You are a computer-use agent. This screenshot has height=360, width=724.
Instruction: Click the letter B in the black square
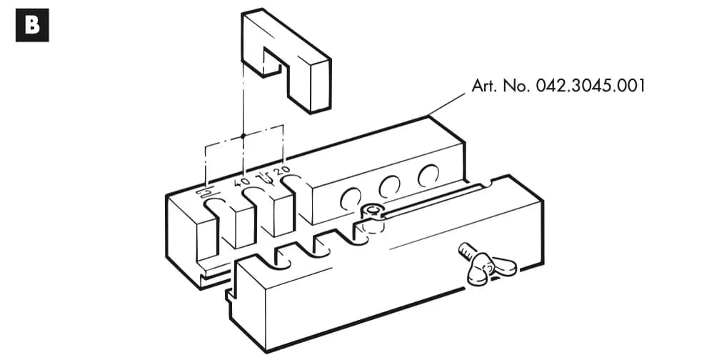pyautogui.click(x=32, y=25)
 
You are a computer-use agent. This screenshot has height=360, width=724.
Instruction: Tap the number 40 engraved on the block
pyautogui.click(x=243, y=181)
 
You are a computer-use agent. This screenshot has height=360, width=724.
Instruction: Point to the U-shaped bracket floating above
pyautogui.click(x=286, y=60)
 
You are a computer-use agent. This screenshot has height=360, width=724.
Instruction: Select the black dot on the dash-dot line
pyautogui.click(x=243, y=136)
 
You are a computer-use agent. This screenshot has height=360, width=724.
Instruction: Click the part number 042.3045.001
pyautogui.click(x=590, y=86)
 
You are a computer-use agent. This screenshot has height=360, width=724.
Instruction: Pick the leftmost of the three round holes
pyautogui.click(x=350, y=199)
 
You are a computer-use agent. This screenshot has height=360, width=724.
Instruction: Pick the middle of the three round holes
pyautogui.click(x=389, y=187)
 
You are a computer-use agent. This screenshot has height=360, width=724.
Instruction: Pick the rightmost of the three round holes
pyautogui.click(x=428, y=176)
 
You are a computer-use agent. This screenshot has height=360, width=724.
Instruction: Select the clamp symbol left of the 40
pyautogui.click(x=203, y=191)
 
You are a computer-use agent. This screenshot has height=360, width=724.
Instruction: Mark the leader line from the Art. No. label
pyautogui.click(x=448, y=104)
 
